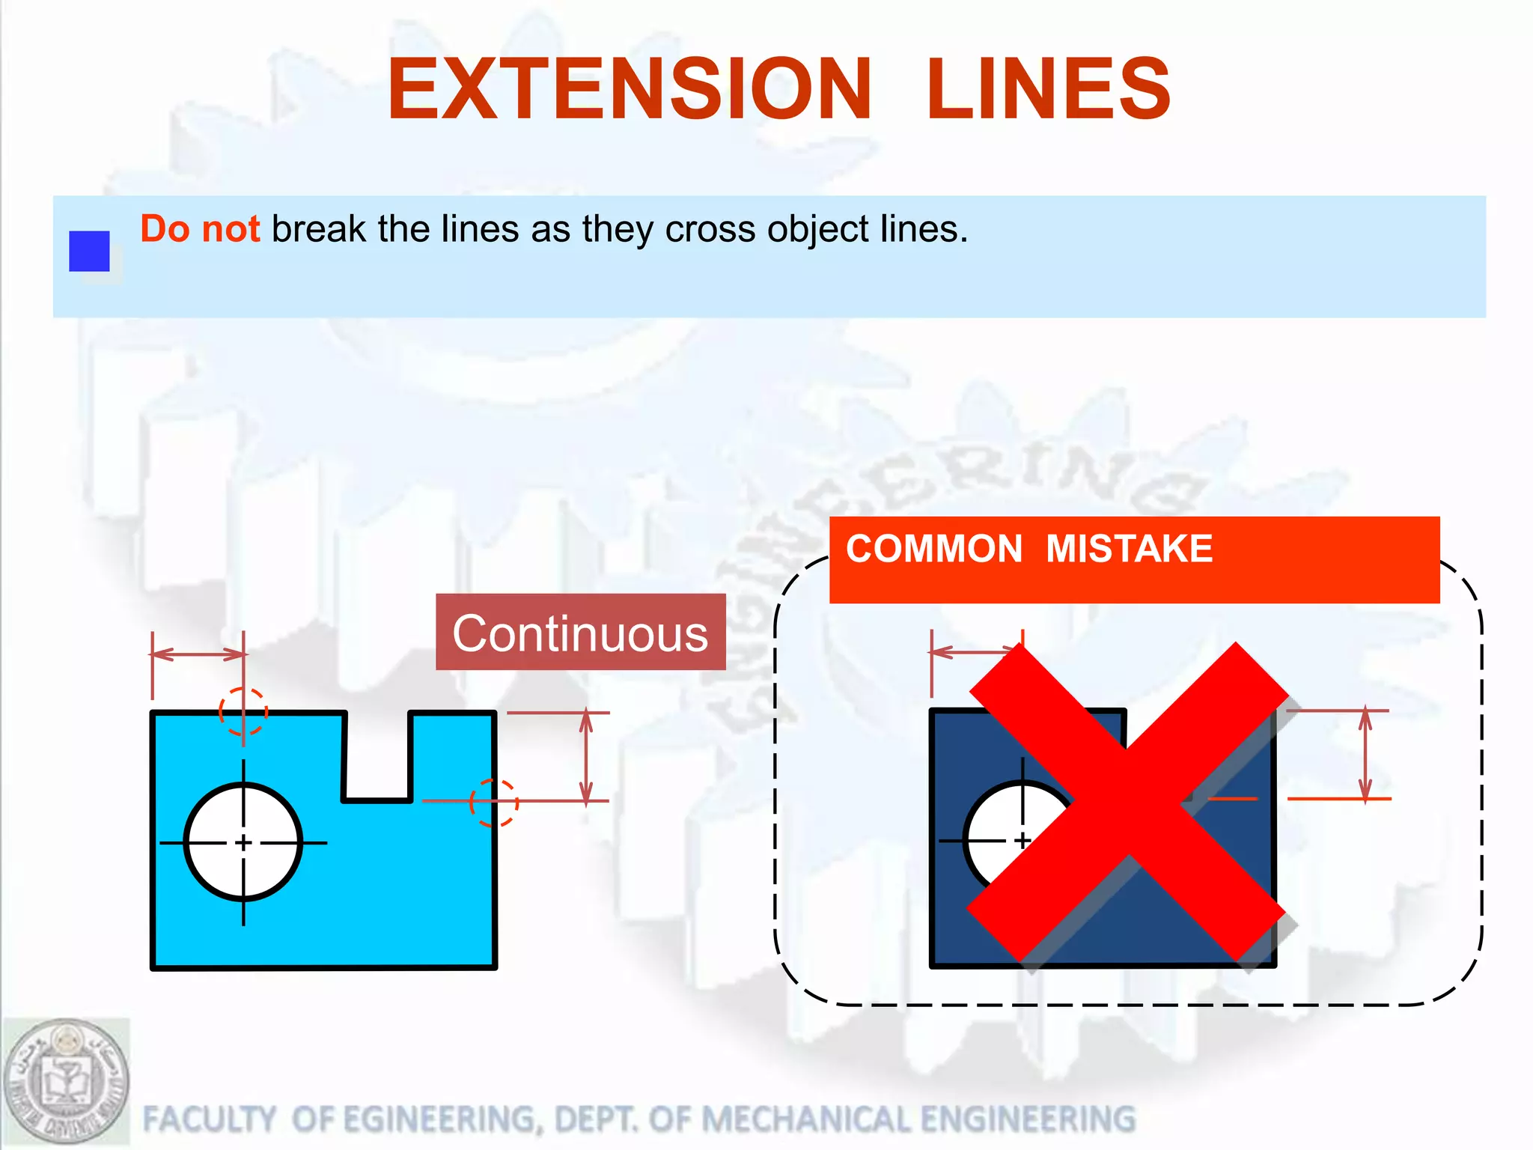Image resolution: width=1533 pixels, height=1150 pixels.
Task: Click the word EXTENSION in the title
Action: coord(629,90)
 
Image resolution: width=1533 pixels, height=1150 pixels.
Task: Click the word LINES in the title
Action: coord(1048,90)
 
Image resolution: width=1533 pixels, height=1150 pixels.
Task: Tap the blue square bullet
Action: coord(89,251)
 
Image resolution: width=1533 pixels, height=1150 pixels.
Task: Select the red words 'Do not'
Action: coord(200,229)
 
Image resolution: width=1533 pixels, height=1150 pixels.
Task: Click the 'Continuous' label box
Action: coord(580,633)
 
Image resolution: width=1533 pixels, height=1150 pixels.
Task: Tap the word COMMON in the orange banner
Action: coord(933,549)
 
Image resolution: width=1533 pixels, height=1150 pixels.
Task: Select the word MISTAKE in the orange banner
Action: coord(1129,549)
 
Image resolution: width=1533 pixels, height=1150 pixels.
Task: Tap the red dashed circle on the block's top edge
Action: coord(243,711)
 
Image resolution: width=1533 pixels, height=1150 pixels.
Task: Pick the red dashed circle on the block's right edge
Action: coord(494,802)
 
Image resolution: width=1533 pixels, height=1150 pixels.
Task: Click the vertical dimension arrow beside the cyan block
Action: coord(586,756)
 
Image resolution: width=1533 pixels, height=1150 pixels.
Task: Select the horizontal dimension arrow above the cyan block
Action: coord(198,654)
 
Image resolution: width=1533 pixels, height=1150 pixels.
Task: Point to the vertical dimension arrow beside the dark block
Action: coord(1365,754)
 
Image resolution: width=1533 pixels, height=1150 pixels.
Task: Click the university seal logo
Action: coord(66,1081)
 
